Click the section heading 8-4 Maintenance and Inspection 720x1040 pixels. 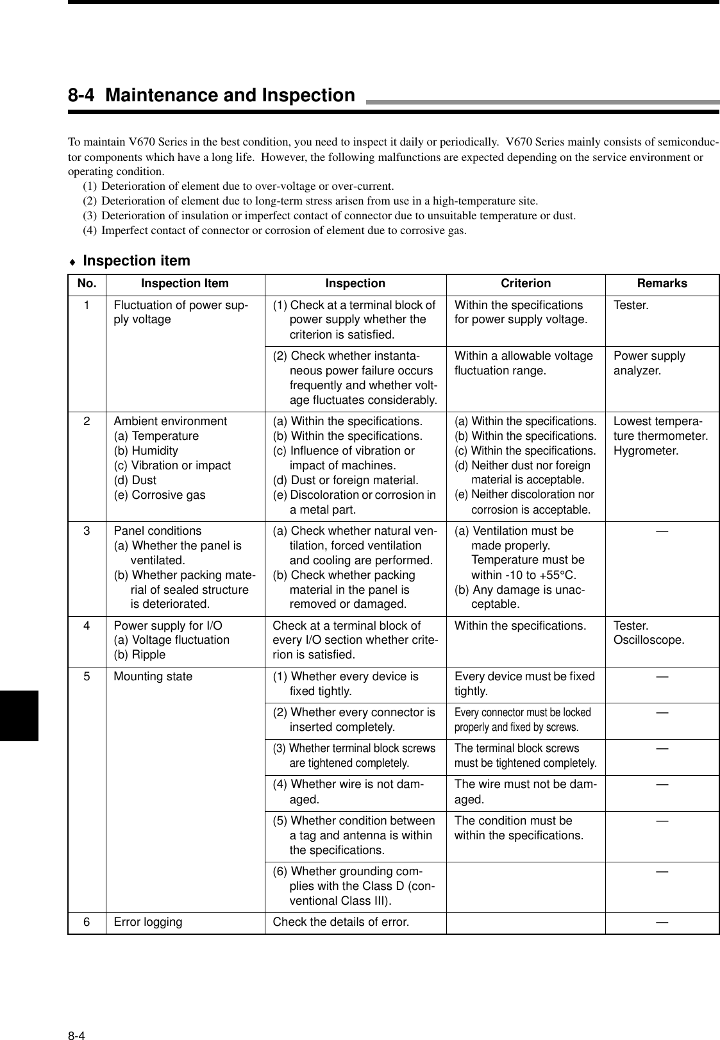[x=212, y=96]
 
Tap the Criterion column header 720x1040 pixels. [x=525, y=283]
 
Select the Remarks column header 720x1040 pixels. [x=662, y=283]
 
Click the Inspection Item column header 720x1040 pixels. [x=185, y=283]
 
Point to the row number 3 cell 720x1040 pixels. [x=86, y=531]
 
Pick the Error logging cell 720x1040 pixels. [x=147, y=922]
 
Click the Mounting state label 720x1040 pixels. [x=153, y=676]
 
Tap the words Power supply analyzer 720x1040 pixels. [x=649, y=363]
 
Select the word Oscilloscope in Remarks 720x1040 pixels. [x=649, y=640]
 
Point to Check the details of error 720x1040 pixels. [x=340, y=922]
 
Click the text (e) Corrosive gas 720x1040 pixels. [x=160, y=495]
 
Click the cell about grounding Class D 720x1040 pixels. [x=355, y=886]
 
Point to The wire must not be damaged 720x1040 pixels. [x=525, y=792]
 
